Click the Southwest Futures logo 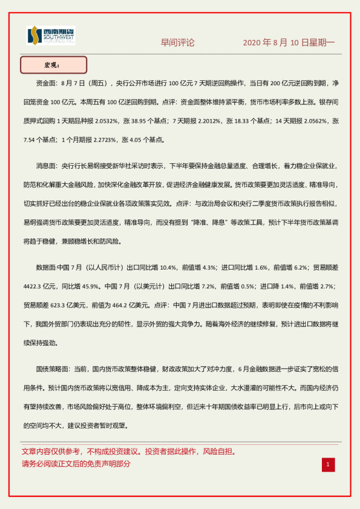[51, 36]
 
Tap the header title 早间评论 [177, 43]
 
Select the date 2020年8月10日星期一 [288, 43]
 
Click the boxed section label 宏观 [53, 65]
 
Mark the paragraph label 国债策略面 [53, 368]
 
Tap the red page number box [327, 464]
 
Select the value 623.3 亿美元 [68, 305]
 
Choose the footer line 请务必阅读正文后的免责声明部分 [76, 464]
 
